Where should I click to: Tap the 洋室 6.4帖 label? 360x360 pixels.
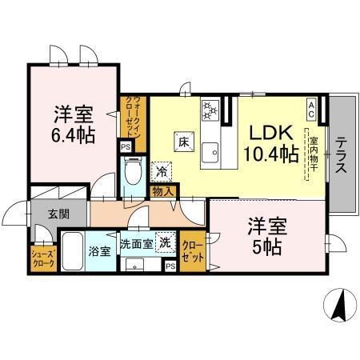point(74,125)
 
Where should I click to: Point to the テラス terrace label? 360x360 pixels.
point(342,156)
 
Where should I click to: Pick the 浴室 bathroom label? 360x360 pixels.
point(99,250)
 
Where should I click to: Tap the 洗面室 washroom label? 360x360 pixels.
point(136,243)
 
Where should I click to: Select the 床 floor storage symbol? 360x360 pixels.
point(182,142)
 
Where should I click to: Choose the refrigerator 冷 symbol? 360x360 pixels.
point(162,170)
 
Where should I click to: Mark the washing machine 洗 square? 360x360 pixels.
point(165,242)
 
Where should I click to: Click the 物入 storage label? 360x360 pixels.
point(162,191)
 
